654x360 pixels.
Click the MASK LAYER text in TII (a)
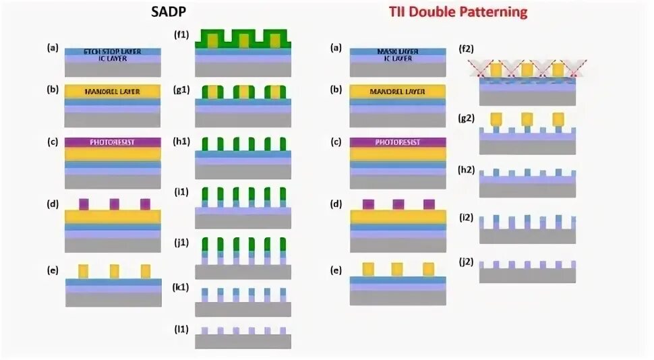[397, 52]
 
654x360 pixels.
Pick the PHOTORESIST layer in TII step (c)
[397, 142]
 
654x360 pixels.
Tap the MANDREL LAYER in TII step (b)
[397, 91]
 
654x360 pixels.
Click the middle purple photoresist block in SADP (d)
[114, 204]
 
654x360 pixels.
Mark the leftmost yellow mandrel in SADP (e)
[84, 271]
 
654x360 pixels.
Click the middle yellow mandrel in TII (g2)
[527, 119]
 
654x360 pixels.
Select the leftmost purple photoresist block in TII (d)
[368, 204]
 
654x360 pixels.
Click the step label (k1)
[183, 288]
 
